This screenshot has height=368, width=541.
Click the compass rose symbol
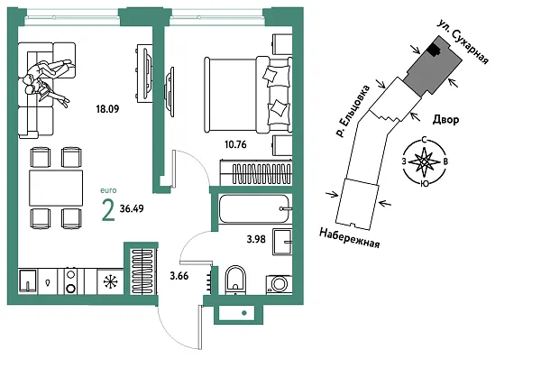click(424, 162)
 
